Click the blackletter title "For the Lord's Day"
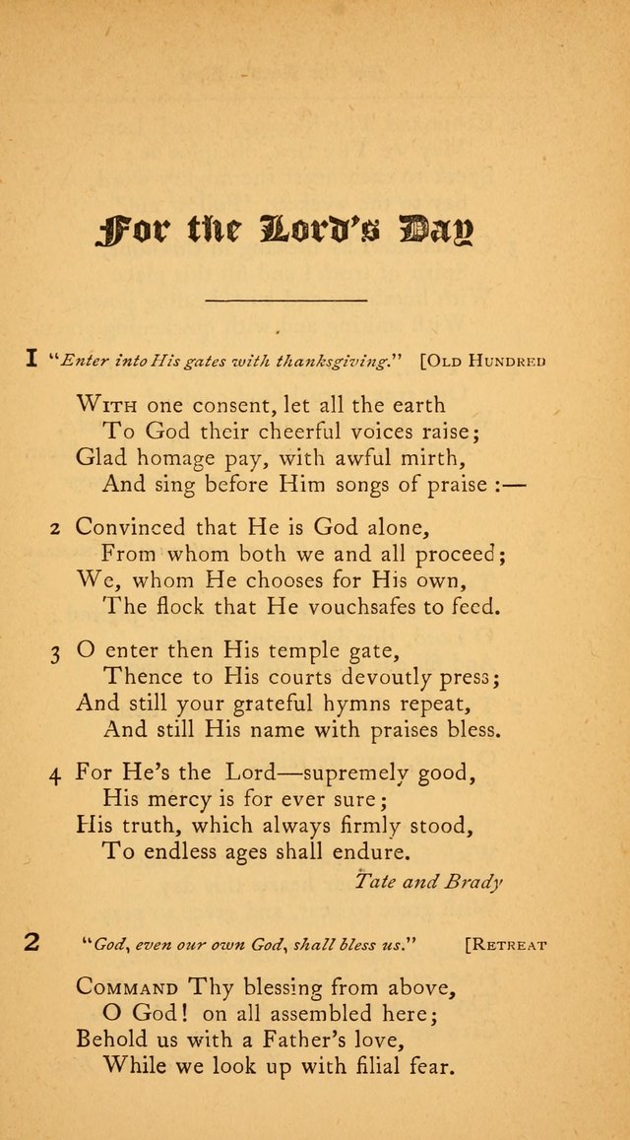pos(285,235)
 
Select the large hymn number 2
pos(32,942)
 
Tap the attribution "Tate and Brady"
pos(427,881)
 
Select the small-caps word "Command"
pos(127,986)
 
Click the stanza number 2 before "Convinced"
pos(56,528)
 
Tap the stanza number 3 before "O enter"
pos(56,651)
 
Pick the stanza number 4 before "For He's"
pos(56,774)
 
